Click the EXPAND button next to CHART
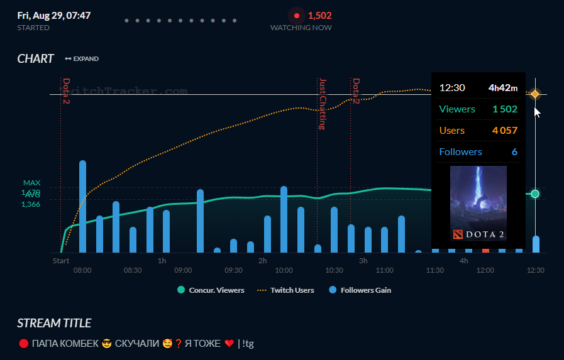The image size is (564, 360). pos(82,59)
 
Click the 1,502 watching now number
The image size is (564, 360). pos(319,16)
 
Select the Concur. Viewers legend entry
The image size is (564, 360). pos(211,290)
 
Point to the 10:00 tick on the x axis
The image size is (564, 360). pos(284,270)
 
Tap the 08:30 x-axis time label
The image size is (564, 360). pos(133,270)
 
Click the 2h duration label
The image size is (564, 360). pos(263,260)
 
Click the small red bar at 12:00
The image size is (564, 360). pos(485,250)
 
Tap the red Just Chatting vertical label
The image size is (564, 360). pos(323,104)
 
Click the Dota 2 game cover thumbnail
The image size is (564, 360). pos(478,203)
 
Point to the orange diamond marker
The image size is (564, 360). pos(535,94)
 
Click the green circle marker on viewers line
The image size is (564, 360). pos(535,194)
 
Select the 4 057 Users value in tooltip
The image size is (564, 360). pos(504,131)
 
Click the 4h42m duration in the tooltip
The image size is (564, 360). pos(503,88)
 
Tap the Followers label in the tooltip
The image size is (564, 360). pos(460,152)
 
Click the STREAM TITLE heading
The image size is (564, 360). pos(54,324)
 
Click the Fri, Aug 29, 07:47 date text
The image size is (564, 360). pos(54,15)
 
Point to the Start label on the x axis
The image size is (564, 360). pos(61,260)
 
